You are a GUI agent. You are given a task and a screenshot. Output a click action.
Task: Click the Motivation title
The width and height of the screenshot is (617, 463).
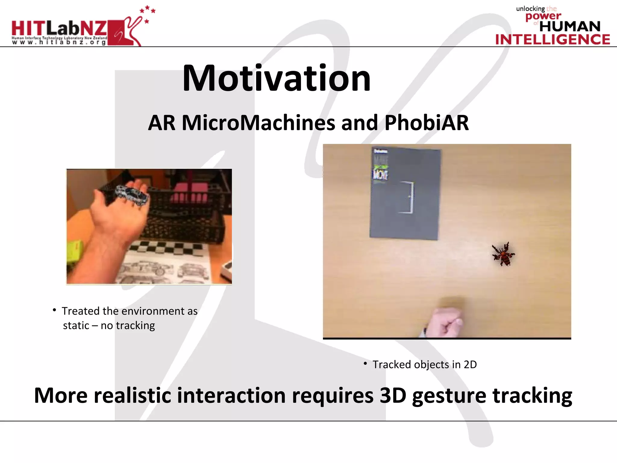pyautogui.click(x=276, y=78)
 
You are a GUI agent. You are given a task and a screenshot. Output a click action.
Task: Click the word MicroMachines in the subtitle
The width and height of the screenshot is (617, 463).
pyautogui.click(x=258, y=123)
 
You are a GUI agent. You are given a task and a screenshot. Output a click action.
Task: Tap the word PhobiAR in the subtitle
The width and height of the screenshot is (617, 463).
pyautogui.click(x=427, y=123)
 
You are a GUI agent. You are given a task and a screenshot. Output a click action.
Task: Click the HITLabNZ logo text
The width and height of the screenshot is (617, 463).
pyautogui.click(x=59, y=29)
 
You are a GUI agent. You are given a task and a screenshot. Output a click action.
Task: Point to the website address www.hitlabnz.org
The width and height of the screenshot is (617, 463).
pyautogui.click(x=59, y=43)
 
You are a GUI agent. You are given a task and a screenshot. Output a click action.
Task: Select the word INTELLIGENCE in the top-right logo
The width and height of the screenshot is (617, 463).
pyautogui.click(x=553, y=39)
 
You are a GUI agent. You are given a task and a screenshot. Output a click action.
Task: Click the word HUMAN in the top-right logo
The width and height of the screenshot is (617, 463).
pyautogui.click(x=570, y=27)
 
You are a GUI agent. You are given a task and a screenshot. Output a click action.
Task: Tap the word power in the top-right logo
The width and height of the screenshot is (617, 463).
pyautogui.click(x=543, y=16)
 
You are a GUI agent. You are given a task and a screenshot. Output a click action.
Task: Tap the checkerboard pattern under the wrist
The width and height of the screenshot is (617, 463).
pyautogui.click(x=169, y=249)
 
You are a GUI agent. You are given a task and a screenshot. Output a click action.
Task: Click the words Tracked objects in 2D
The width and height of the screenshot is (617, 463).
pyautogui.click(x=424, y=365)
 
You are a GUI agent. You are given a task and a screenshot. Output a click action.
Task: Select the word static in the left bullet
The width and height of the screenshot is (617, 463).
pyautogui.click(x=76, y=326)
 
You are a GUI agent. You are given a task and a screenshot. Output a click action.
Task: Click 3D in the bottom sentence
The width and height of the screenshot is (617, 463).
pyautogui.click(x=393, y=395)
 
